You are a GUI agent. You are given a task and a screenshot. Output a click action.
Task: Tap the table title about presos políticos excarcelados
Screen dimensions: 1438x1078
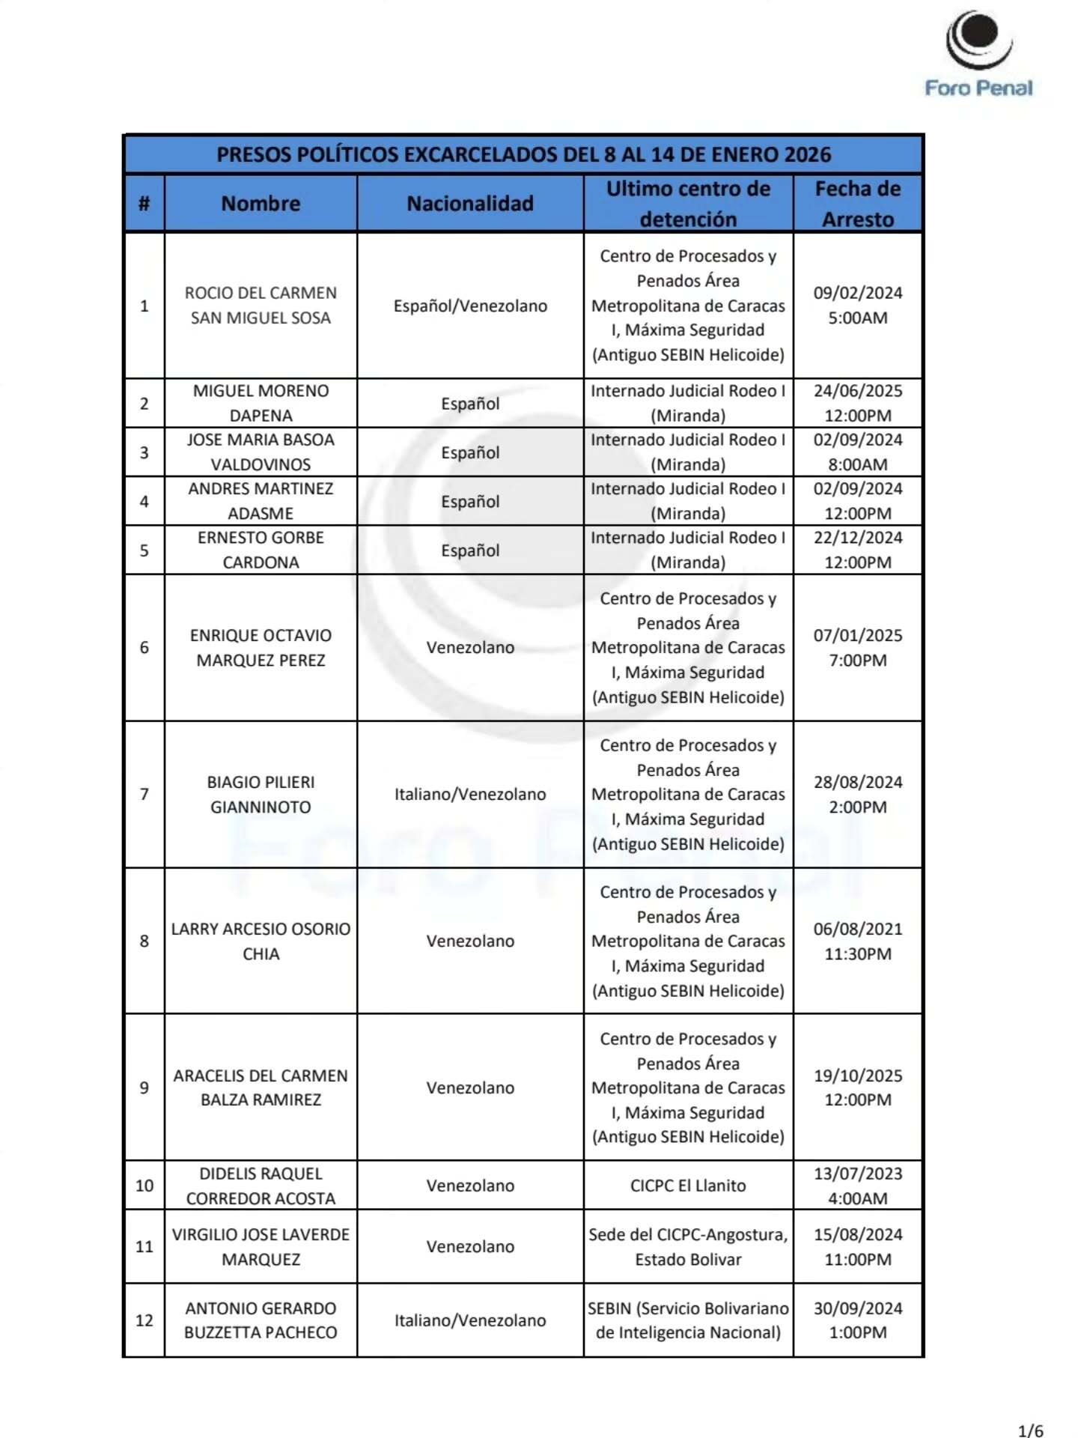[x=523, y=154]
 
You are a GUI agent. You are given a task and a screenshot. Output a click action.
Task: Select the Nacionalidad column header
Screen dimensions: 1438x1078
[x=470, y=203]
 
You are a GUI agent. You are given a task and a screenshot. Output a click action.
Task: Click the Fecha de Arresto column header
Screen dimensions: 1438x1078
[x=857, y=203]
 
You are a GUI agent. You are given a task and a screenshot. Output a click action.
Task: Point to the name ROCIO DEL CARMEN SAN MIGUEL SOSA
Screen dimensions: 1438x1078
[x=261, y=305]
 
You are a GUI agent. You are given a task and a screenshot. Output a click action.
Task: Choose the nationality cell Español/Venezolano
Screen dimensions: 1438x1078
[x=470, y=306]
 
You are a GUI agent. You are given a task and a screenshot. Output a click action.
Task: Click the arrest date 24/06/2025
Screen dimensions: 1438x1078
[x=858, y=391]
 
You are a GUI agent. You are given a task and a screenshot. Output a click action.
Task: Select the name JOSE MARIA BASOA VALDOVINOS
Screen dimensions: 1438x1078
[x=261, y=452]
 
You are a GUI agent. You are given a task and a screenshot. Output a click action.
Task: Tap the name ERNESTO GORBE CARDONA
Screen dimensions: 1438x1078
[x=261, y=550]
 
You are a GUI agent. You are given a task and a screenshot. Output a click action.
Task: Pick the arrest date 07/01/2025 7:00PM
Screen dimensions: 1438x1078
[x=858, y=647]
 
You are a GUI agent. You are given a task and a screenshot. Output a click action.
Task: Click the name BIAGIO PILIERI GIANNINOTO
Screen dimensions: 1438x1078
[x=261, y=794]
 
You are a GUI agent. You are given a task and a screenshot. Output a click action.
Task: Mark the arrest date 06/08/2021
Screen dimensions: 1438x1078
[x=858, y=929]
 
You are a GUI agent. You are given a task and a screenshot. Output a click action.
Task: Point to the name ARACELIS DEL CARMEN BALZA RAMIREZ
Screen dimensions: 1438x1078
[x=261, y=1087]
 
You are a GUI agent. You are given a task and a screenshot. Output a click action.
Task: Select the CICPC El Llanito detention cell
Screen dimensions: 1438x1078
[x=688, y=1186]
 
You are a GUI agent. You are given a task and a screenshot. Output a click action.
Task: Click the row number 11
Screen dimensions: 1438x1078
[x=144, y=1246]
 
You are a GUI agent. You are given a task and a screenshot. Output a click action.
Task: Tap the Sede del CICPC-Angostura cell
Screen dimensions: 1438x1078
[x=688, y=1246]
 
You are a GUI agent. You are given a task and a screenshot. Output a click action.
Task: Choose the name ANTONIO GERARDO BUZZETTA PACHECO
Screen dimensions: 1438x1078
[x=261, y=1320]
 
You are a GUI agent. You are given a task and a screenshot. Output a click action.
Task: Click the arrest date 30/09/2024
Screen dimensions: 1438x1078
[x=858, y=1308]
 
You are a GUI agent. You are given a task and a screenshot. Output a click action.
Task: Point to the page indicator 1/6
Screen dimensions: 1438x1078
[x=1030, y=1431]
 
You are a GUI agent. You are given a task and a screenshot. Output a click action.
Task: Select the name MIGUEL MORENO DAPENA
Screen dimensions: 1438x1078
[x=261, y=403]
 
